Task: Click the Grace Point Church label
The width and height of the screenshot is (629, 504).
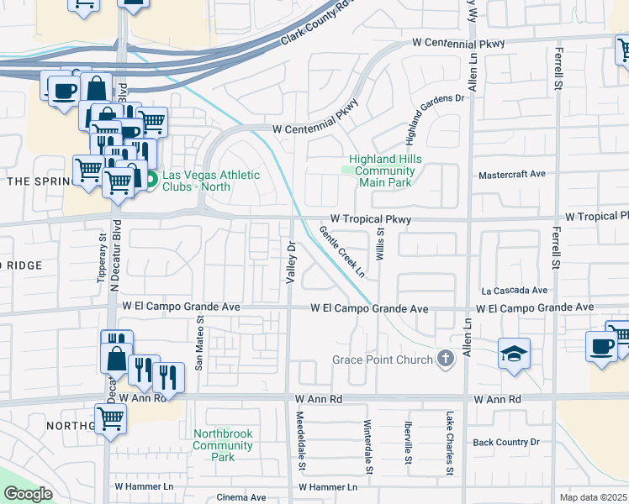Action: click(x=382, y=360)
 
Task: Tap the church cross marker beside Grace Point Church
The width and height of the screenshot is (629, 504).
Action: click(x=446, y=360)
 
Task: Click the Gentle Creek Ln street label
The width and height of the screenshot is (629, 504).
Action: click(x=343, y=250)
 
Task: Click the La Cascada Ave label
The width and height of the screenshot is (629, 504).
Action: click(x=514, y=291)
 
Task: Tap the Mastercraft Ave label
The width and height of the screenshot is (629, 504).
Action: click(x=511, y=174)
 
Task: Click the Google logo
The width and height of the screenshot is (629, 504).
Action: click(x=28, y=494)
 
